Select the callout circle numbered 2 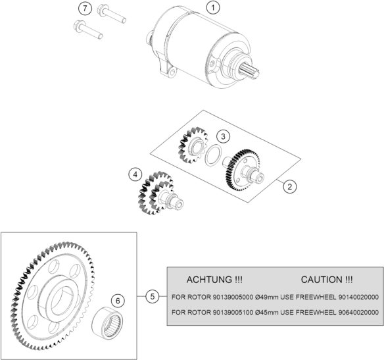pyautogui.click(x=288, y=186)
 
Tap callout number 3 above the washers pyautogui.click(x=224, y=136)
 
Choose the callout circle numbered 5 pyautogui.click(x=153, y=297)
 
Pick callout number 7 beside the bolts pyautogui.click(x=84, y=9)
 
